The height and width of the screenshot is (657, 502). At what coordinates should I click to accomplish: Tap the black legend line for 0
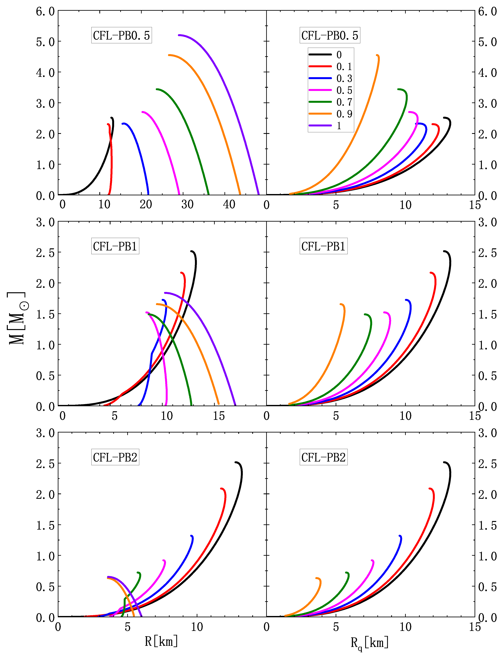320,55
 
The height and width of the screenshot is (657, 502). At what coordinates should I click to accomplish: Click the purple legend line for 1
320,126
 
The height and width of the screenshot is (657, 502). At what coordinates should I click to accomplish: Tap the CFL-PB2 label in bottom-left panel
115,457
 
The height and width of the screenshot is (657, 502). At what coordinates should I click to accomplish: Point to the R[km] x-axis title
161,641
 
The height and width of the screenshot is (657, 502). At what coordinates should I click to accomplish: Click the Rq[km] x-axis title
370,642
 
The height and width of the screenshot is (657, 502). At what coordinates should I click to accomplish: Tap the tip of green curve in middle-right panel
365,314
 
